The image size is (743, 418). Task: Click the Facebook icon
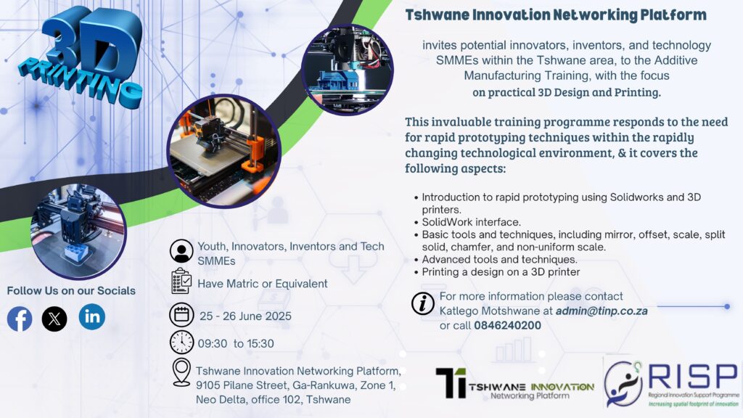click(20, 319)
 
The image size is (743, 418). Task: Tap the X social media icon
click(54, 319)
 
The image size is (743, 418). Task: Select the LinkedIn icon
click(92, 316)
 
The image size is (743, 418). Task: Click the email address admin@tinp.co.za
click(602, 311)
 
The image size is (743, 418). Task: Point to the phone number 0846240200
click(507, 326)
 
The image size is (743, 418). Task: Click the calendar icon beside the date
click(181, 315)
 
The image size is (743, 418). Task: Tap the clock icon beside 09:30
click(181, 343)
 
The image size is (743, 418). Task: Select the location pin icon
click(181, 372)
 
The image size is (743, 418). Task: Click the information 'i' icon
click(423, 303)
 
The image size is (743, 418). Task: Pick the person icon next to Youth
click(181, 251)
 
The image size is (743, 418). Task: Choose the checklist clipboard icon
click(181, 281)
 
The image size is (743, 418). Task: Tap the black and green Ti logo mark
click(451, 382)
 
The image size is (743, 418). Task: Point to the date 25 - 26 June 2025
click(245, 316)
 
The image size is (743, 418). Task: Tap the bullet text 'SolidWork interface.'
click(471, 222)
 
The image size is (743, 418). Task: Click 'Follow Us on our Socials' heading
click(71, 290)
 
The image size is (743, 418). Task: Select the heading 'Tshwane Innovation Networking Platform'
click(556, 15)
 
